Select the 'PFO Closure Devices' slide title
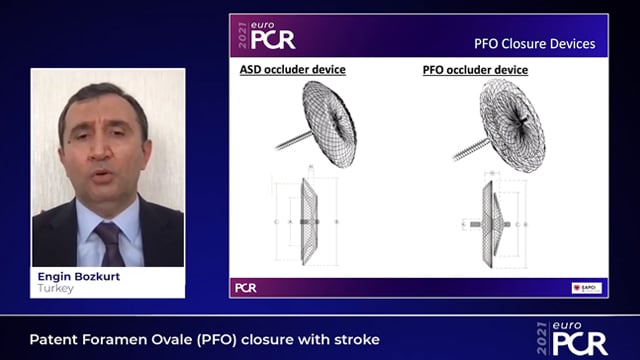pyautogui.click(x=534, y=44)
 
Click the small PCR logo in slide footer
pyautogui.click(x=245, y=287)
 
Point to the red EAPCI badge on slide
pyautogui.click(x=586, y=287)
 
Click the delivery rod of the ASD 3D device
pyautogui.click(x=289, y=141)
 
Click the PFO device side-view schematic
pyautogui.click(x=492, y=222)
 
